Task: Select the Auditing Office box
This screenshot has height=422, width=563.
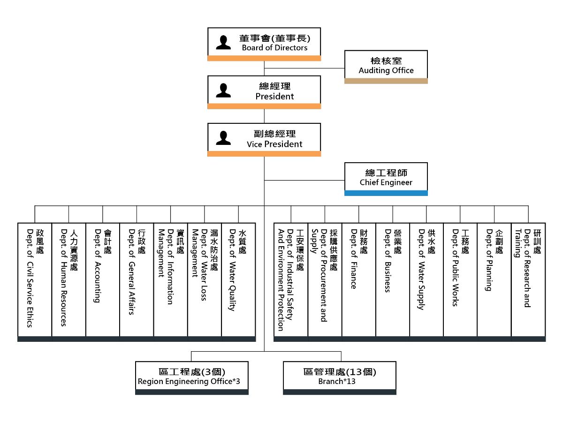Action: point(386,65)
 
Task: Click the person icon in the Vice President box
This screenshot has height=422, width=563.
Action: point(223,138)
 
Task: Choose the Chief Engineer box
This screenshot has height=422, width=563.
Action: point(386,177)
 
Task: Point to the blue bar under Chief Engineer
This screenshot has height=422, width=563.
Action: point(386,193)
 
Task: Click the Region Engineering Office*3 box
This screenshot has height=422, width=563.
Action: point(192,376)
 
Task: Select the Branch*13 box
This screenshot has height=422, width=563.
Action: point(340,376)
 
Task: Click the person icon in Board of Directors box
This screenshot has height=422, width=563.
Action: point(223,42)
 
